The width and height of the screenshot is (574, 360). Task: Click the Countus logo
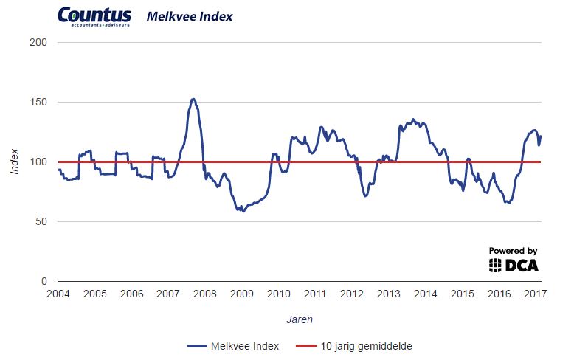94,17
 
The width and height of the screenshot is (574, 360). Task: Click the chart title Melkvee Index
190,16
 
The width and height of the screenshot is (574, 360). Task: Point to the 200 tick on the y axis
41,42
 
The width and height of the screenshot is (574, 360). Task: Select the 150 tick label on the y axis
41,102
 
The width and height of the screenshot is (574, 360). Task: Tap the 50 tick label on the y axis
44,221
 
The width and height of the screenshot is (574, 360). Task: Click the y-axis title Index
15,162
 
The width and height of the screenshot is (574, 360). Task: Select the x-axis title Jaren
299,320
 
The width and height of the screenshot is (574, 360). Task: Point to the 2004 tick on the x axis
58,294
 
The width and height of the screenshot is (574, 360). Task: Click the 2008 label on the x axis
205,294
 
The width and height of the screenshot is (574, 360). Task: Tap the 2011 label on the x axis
315,294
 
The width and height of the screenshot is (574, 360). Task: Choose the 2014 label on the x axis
426,294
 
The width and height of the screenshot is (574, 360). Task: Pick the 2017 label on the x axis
536,294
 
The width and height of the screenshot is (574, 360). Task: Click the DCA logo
514,265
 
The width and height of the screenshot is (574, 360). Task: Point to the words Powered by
514,251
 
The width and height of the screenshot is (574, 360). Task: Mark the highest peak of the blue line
193,99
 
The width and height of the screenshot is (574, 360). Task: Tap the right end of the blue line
541,136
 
